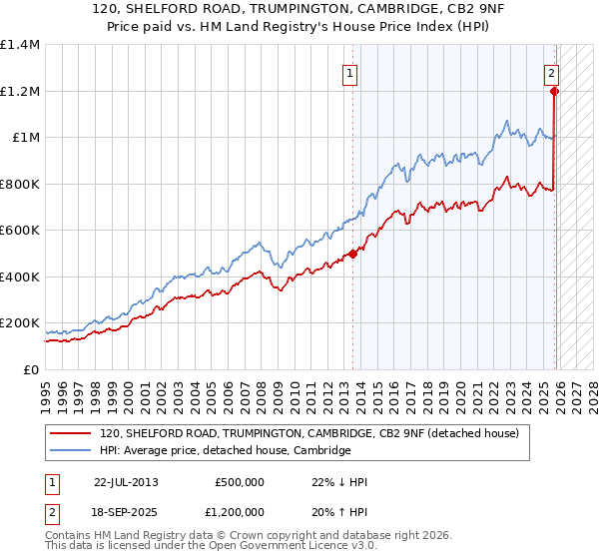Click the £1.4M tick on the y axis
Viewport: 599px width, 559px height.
click(19, 45)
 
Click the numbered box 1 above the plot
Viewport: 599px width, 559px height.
click(351, 72)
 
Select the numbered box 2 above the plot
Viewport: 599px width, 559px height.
click(551, 72)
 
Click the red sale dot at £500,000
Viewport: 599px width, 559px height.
click(352, 254)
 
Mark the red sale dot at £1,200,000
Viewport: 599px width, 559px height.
click(554, 91)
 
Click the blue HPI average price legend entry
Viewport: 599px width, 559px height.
click(225, 451)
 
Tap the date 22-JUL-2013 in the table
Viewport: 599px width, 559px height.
click(126, 482)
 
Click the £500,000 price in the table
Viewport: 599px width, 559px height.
click(239, 482)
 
